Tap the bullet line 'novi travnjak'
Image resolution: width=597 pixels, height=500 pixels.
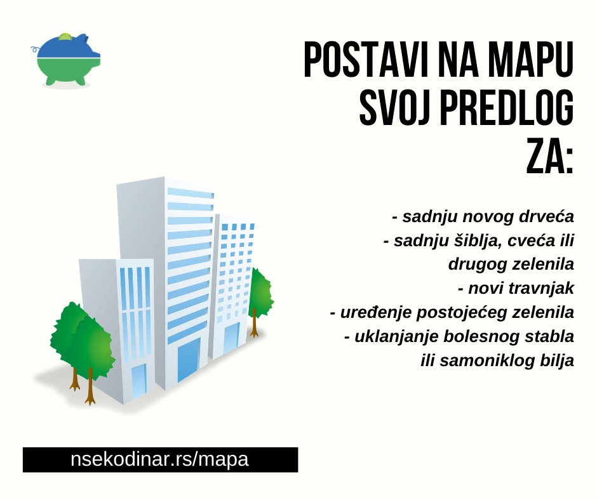516,289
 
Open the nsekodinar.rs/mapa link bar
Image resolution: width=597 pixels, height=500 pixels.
160,459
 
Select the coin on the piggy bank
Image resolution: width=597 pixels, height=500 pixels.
65,36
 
